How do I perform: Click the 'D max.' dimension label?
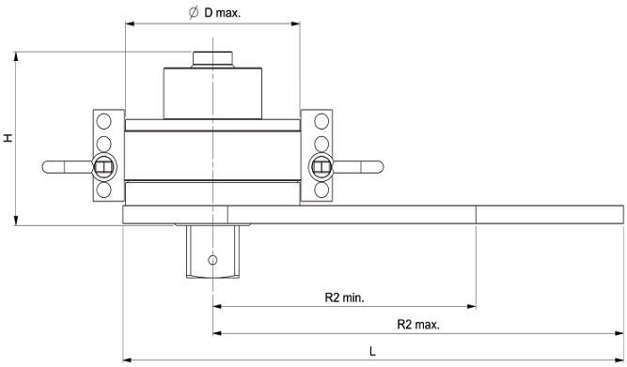[223, 13]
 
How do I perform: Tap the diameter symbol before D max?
[194, 13]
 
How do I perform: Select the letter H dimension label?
[8, 138]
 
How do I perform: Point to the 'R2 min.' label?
[344, 298]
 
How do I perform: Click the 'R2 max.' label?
[418, 324]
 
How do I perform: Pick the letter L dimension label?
[372, 351]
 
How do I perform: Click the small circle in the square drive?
[212, 260]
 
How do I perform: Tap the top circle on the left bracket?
[104, 121]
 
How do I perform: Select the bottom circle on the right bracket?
[321, 191]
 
